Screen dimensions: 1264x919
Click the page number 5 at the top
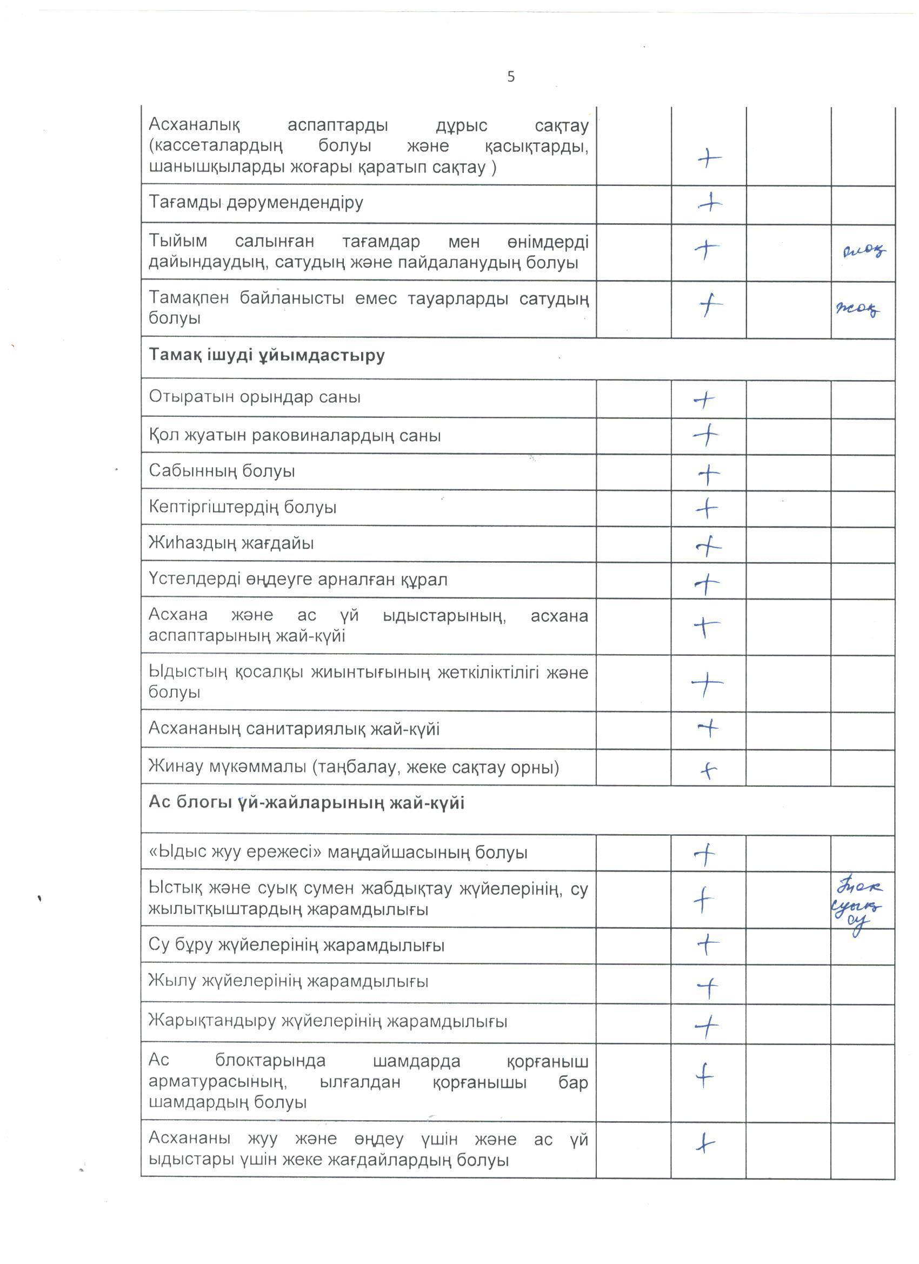[x=510, y=77]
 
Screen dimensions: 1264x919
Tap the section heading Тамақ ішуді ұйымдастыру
[x=267, y=356]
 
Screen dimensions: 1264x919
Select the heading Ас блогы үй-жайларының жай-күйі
[x=306, y=803]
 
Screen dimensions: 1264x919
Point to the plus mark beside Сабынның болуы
[x=708, y=474]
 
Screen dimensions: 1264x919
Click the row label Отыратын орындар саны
[x=254, y=397]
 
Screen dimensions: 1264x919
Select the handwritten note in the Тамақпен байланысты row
[x=858, y=308]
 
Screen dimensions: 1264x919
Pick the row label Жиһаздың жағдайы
[x=231, y=543]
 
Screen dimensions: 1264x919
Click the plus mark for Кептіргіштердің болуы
[x=707, y=508]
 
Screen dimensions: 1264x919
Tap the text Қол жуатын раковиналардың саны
[x=294, y=435]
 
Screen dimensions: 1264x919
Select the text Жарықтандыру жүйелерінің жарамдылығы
[x=328, y=1022]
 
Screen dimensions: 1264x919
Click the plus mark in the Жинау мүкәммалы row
[x=708, y=771]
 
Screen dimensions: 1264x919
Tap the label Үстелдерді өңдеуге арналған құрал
[x=298, y=580]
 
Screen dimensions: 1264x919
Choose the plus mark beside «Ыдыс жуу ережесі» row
[x=705, y=854]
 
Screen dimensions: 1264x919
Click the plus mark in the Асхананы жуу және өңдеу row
[x=705, y=1143]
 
